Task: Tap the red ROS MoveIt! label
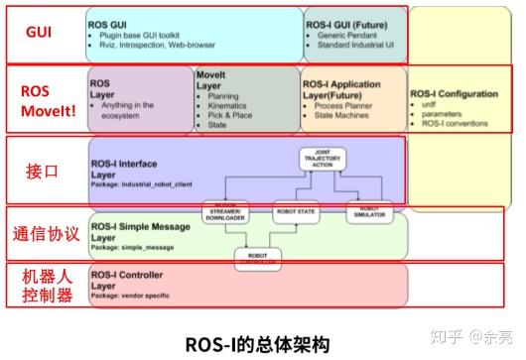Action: (40, 99)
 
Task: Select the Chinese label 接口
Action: (41, 171)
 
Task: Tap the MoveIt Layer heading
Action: (217, 80)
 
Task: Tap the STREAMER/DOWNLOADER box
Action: (230, 210)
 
